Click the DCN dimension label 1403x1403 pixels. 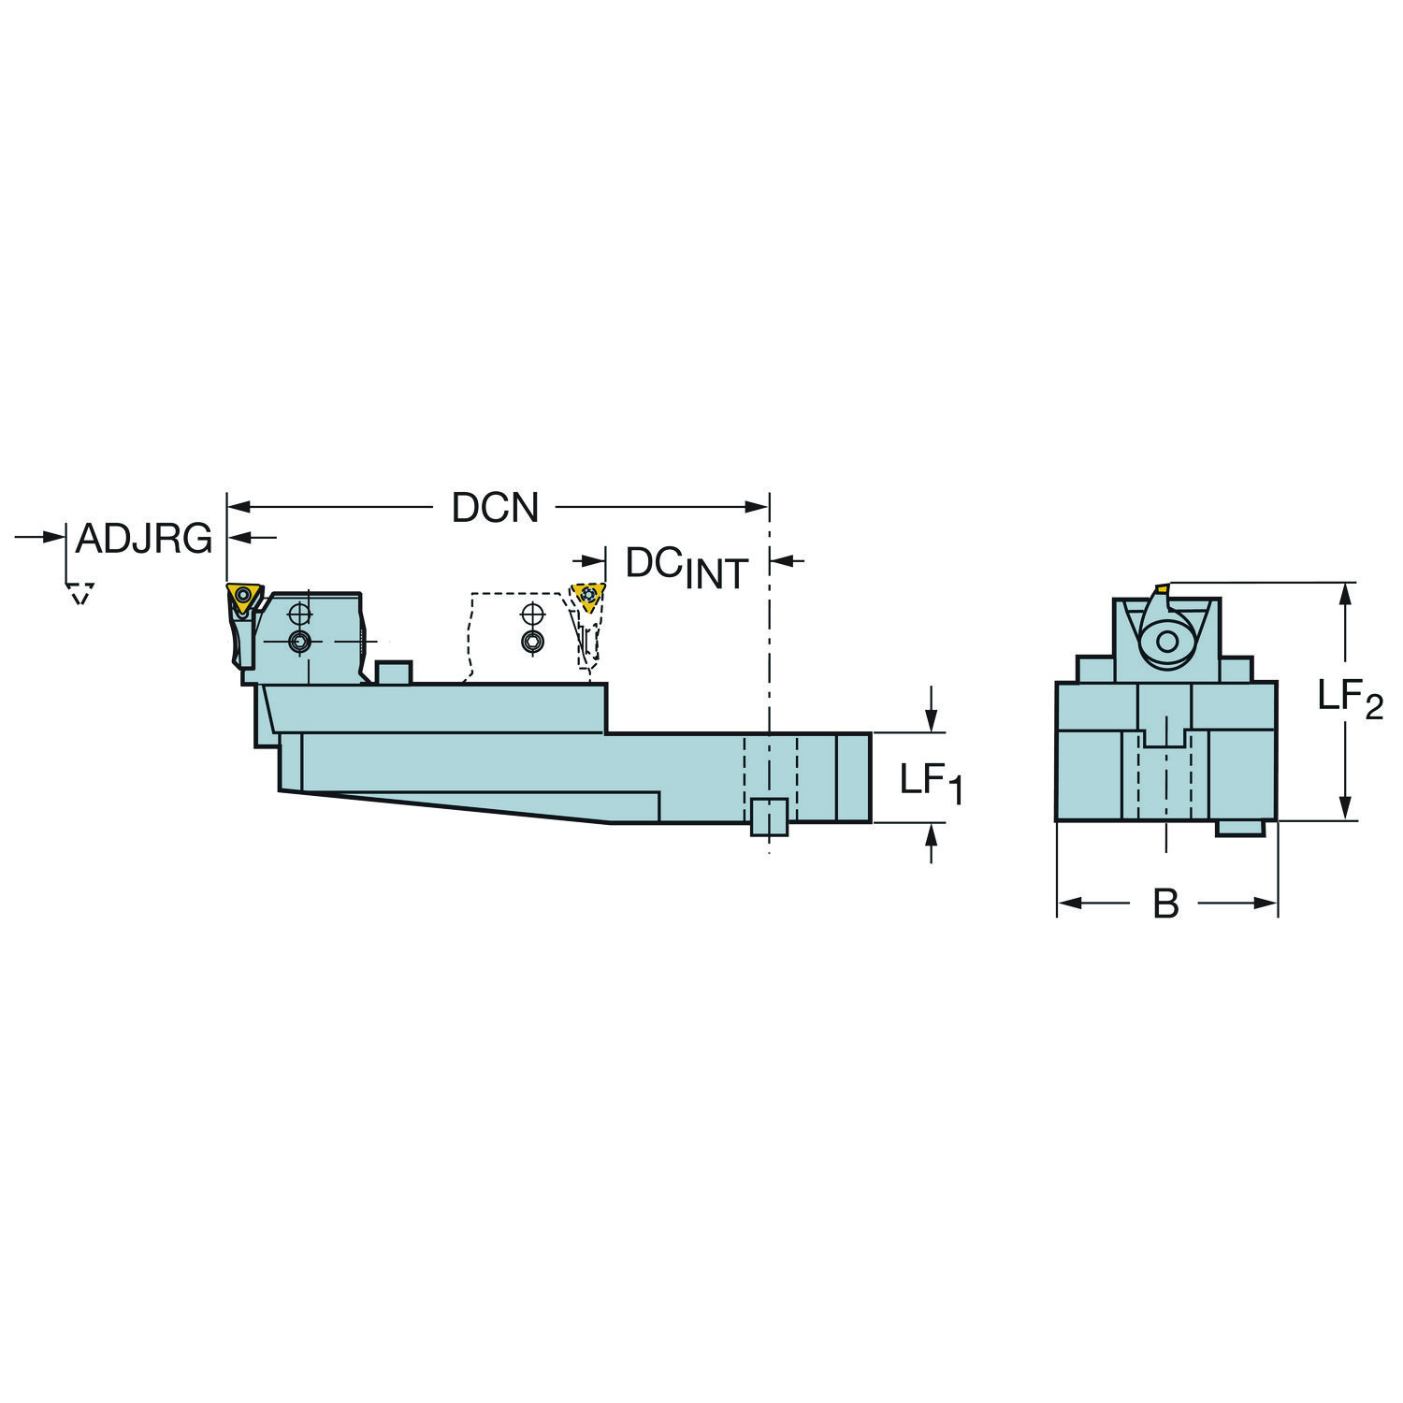point(495,507)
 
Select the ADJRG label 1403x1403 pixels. point(144,539)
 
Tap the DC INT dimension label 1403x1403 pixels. point(687,567)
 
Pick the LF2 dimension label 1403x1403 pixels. point(1350,698)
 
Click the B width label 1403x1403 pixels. point(1165,904)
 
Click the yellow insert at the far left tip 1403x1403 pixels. point(242,597)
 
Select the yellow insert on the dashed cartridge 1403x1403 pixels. point(588,596)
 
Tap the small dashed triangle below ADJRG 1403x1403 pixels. point(80,593)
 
